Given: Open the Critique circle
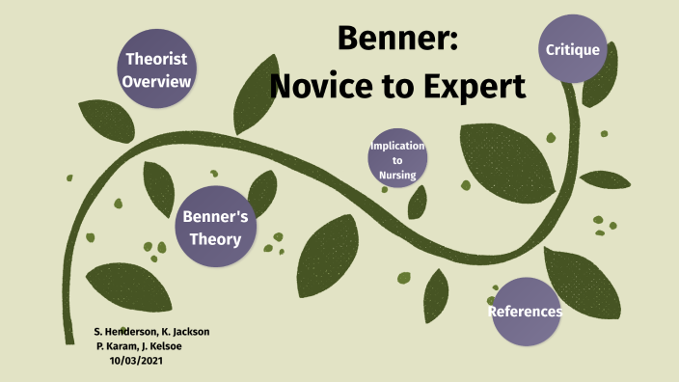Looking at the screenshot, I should pyautogui.click(x=573, y=49).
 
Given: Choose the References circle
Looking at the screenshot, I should pyautogui.click(x=525, y=312).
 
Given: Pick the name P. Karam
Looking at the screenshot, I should pyautogui.click(x=120, y=345).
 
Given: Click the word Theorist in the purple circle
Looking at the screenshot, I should pyautogui.click(x=156, y=59).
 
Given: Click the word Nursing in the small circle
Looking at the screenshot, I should pyautogui.click(x=397, y=175).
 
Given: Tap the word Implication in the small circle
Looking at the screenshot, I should pyautogui.click(x=397, y=146).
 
